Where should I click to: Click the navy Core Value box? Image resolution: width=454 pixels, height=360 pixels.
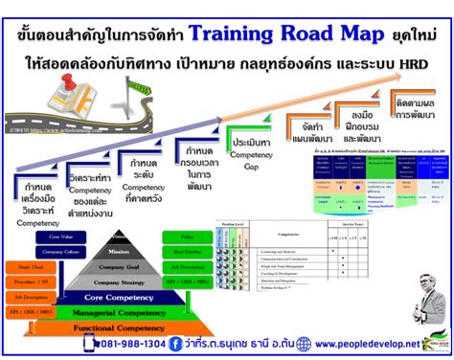[60, 235]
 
